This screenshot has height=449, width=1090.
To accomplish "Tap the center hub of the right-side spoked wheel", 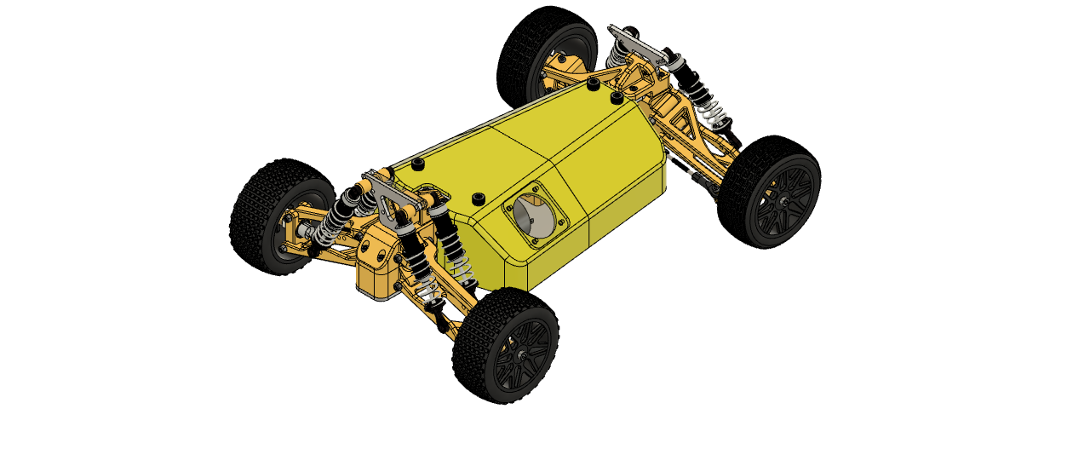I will [x=782, y=202].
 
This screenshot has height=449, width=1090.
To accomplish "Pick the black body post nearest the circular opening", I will [x=479, y=198].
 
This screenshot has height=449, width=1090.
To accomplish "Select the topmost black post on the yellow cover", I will [x=592, y=83].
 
